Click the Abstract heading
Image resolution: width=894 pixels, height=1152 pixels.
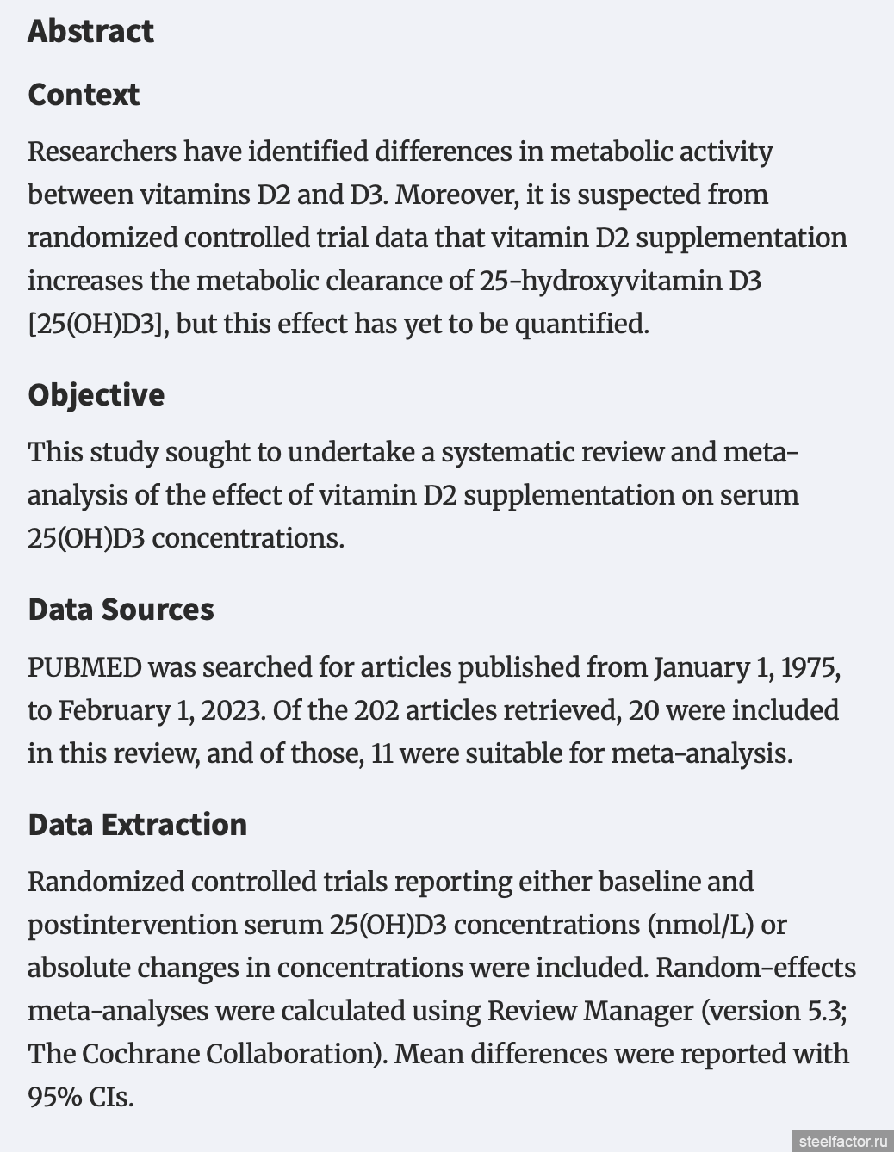pyautogui.click(x=90, y=31)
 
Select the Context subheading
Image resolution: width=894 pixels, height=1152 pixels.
pyautogui.click(x=84, y=95)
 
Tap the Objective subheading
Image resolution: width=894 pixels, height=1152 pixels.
pyautogui.click(x=96, y=395)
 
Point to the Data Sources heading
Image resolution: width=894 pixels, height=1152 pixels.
pyautogui.click(x=121, y=610)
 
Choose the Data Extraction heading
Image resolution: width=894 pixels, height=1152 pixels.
pyautogui.click(x=137, y=825)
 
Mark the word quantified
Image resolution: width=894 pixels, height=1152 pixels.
pyautogui.click(x=580, y=324)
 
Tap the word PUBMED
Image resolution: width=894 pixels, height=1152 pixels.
pyautogui.click(x=84, y=667)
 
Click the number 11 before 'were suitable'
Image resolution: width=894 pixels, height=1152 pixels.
pyautogui.click(x=381, y=753)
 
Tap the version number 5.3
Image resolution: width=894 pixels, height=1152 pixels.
pyautogui.click(x=827, y=1011)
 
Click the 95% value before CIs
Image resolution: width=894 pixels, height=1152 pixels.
pyautogui.click(x=55, y=1097)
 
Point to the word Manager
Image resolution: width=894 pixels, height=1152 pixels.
pyautogui.click(x=632, y=1011)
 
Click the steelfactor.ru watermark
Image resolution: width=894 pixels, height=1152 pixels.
pyautogui.click(x=841, y=1141)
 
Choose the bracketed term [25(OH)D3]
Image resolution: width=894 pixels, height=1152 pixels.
pyautogui.click(x=95, y=324)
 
